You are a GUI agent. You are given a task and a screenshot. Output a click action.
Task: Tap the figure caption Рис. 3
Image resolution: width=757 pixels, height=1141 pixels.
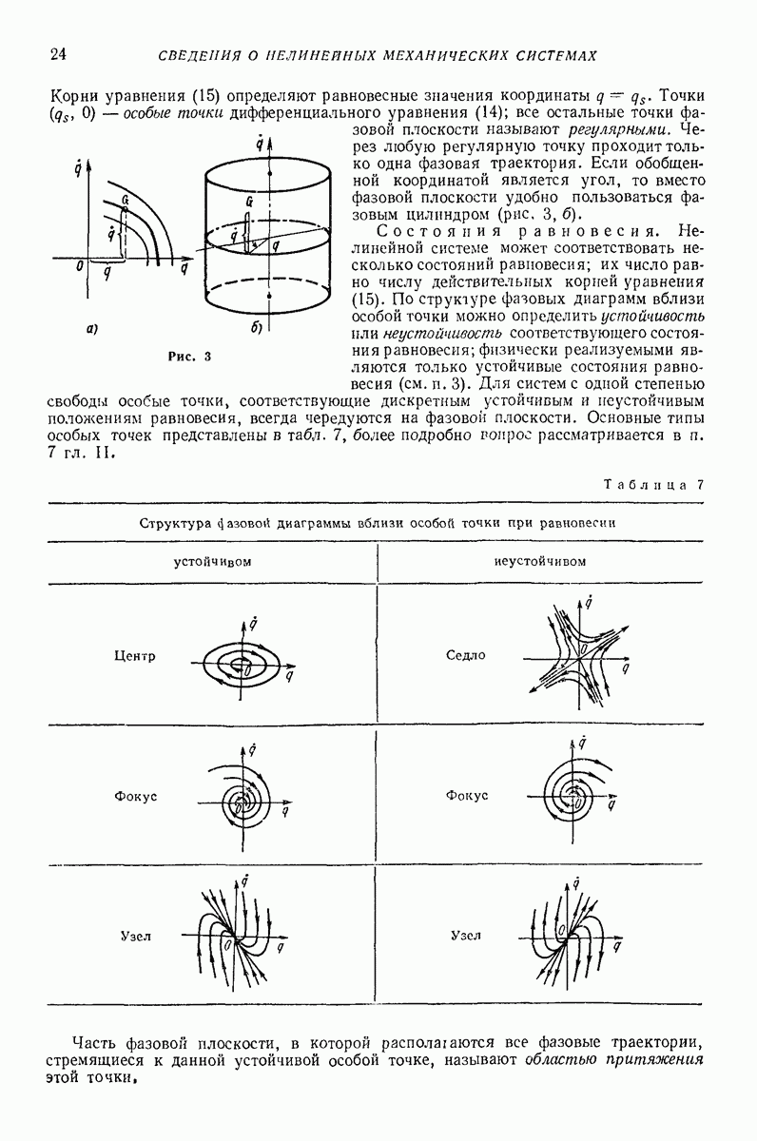pos(187,357)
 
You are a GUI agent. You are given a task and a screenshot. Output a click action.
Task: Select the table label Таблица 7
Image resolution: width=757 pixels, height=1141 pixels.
pos(653,484)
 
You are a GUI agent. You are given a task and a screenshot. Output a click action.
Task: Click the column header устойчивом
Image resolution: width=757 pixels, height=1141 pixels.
pos(211,560)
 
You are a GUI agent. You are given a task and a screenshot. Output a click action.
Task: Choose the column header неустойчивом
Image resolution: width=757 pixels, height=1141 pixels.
pos(540,560)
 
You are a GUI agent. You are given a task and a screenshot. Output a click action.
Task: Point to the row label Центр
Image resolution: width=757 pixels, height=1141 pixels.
pos(134,656)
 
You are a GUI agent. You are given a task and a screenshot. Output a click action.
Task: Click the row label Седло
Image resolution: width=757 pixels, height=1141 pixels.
pos(466,655)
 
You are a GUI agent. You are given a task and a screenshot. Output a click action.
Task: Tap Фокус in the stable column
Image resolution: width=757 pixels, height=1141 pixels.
pos(135,795)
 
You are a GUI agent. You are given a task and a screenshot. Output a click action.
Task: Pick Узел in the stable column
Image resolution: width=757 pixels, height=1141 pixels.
pos(135,936)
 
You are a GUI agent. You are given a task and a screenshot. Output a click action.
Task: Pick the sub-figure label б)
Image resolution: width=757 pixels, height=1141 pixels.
pos(257,329)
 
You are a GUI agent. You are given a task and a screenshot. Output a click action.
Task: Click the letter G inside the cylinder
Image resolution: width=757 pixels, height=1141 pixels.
pos(248,202)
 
